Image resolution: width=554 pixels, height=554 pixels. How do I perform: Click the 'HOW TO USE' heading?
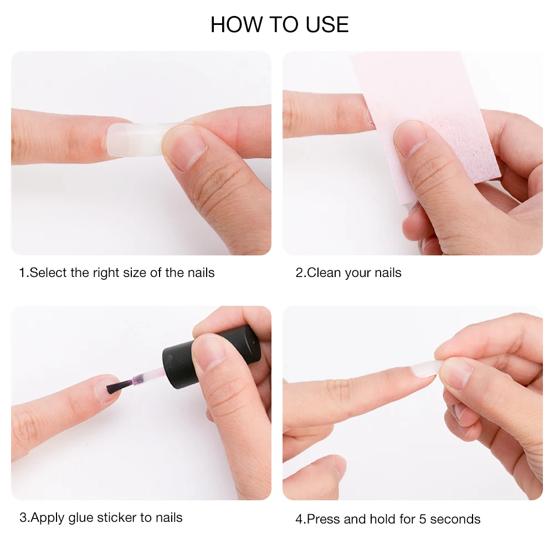279,25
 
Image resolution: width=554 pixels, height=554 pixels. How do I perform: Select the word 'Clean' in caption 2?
324,273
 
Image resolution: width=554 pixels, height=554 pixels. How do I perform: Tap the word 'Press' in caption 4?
324,519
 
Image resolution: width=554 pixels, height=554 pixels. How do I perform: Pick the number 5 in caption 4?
423,520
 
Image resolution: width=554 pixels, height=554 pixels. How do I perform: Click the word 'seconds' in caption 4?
455,520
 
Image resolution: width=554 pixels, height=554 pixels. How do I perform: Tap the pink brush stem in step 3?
148,377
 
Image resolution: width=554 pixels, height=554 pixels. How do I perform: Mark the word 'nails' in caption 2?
388,273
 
